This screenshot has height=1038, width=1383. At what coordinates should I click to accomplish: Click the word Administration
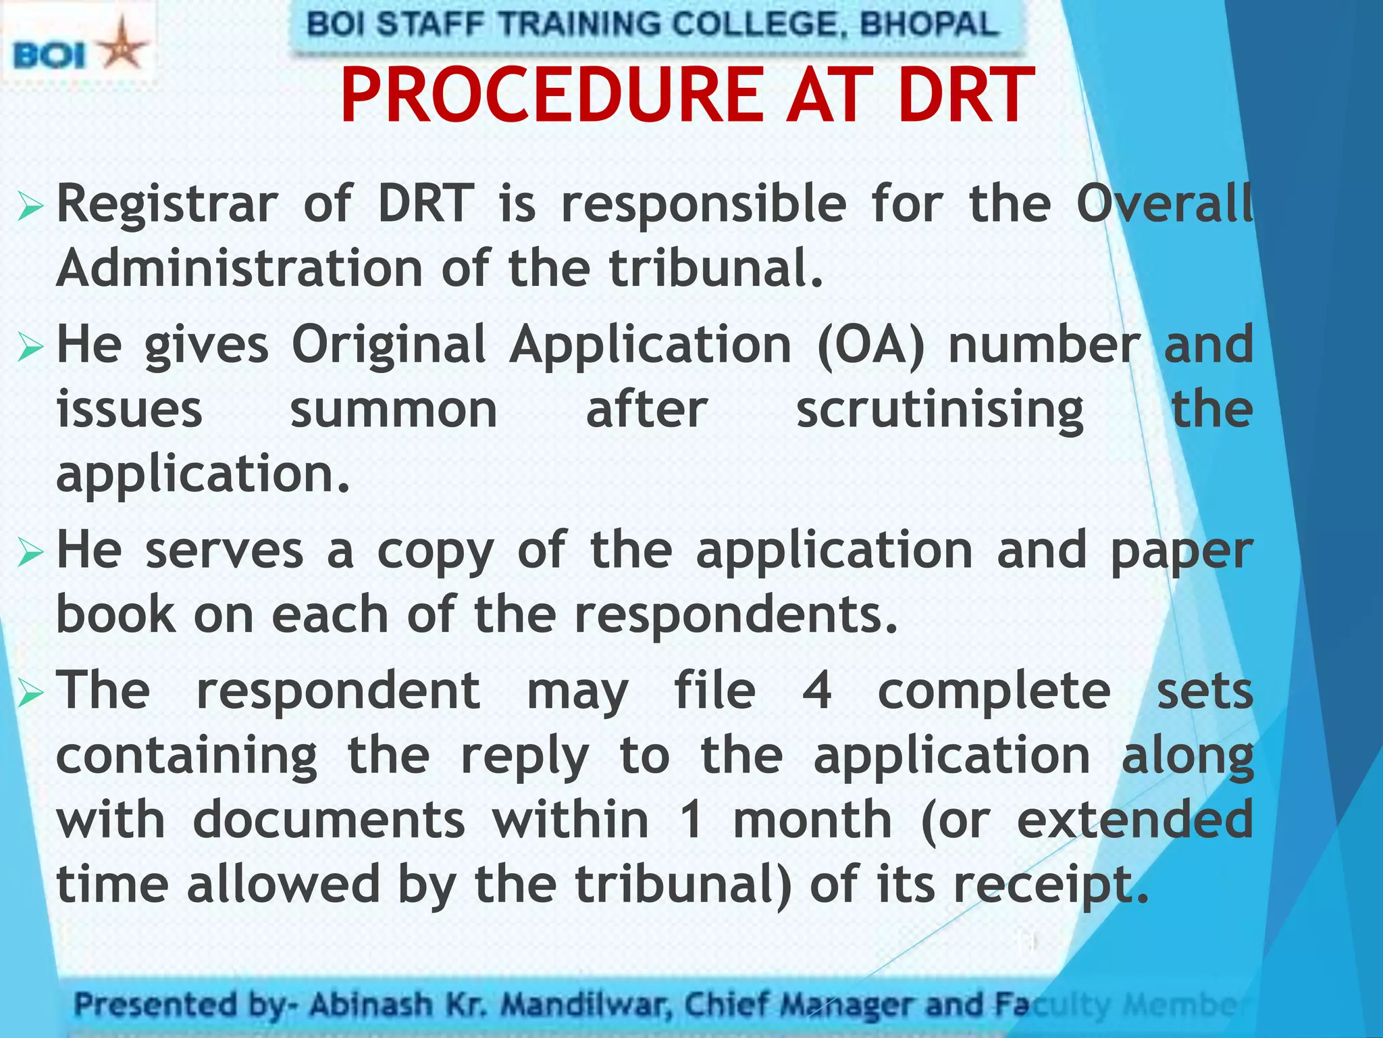coord(240,268)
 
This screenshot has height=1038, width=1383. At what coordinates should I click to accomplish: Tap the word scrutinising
coord(940,410)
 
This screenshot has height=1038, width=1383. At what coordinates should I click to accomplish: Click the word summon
coord(394,410)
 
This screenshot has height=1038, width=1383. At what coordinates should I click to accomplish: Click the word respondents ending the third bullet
coord(736,616)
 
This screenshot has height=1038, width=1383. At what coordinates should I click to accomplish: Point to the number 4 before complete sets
coord(816,691)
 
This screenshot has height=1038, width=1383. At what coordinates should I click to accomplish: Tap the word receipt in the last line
coord(1051,885)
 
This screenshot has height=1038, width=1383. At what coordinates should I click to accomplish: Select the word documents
coord(329,820)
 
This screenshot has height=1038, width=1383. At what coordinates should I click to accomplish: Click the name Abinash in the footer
coord(371,1005)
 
